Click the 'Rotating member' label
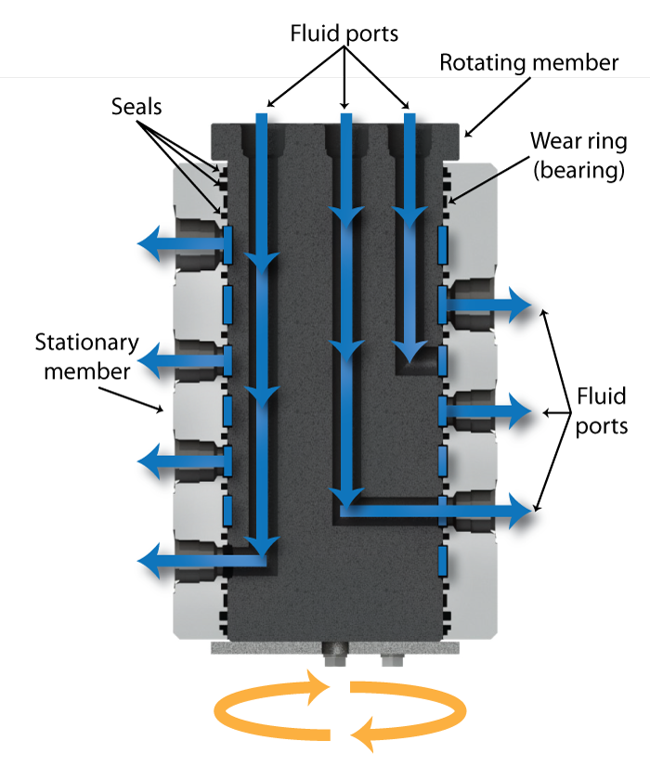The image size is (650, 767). click(x=528, y=63)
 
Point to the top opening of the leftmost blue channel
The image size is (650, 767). click(x=261, y=121)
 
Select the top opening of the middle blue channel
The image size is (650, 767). click(x=346, y=121)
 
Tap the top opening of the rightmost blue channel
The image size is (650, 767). click(x=407, y=121)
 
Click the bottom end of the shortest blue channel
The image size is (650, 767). click(x=407, y=353)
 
